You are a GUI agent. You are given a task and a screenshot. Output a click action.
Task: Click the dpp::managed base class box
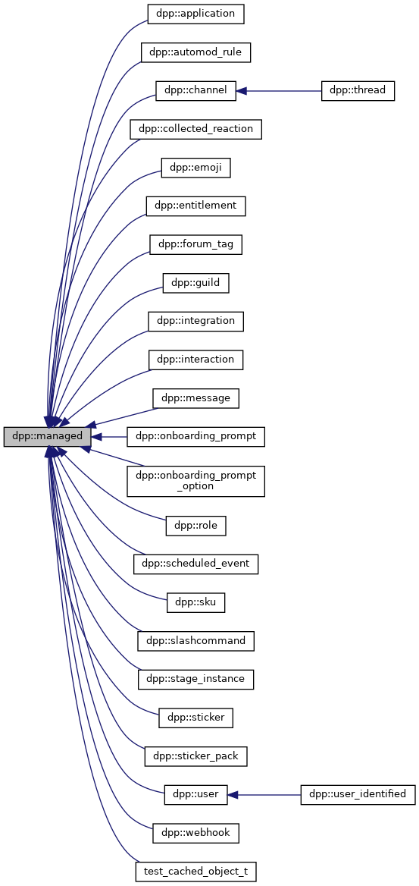coord(47,437)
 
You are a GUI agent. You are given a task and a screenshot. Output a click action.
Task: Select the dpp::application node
coord(195,14)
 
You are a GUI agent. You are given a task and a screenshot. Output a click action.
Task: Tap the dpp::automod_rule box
coord(195,52)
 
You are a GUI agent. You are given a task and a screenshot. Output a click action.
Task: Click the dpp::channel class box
coord(196,90)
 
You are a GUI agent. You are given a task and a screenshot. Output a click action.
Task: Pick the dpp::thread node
coord(358,90)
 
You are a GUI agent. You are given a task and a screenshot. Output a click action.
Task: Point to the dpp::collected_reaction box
coord(195,129)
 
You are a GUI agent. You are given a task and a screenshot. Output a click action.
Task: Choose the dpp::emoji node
coord(195,168)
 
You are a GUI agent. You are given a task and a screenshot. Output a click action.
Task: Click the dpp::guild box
coord(195,283)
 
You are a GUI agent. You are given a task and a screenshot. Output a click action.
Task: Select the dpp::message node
coord(195,397)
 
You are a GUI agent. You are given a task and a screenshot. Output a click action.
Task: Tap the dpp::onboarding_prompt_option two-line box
coord(195,480)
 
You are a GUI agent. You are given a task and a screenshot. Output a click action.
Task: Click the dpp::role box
coord(195,525)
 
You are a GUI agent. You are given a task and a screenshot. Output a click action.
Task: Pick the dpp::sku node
coord(195,602)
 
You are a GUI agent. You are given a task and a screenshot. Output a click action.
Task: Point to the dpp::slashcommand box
coord(195,640)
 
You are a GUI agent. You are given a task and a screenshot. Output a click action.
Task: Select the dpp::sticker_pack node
coord(195,756)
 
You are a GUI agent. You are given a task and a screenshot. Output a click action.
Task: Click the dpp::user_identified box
coord(358,794)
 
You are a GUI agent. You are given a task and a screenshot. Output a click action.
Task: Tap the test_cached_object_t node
coord(195,871)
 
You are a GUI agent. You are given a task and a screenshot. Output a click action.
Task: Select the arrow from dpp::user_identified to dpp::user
coord(265,794)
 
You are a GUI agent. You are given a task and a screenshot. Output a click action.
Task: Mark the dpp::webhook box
coord(195,833)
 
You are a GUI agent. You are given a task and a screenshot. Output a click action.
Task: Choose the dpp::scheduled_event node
coord(195,564)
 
